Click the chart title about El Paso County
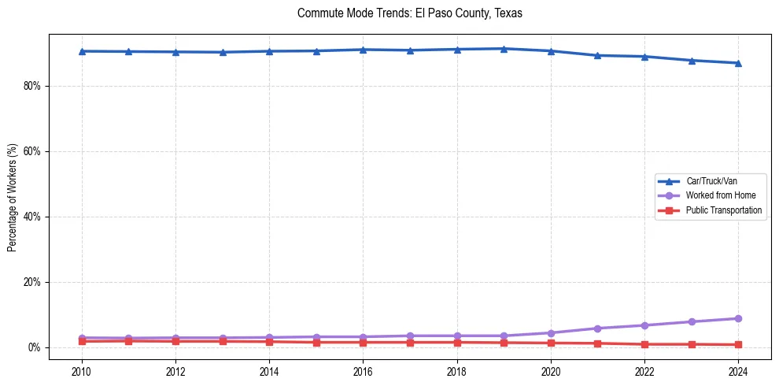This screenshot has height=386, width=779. pos(410,13)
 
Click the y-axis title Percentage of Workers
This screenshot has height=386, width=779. pos(13,197)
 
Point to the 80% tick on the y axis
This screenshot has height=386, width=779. pos(31,86)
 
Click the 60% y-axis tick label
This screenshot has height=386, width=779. pos(31,151)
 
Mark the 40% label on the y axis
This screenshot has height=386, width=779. pos(31,217)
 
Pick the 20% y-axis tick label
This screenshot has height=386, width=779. pos(31,282)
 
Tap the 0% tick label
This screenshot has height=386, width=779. pos(34,347)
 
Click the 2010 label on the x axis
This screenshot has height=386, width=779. pos(82,371)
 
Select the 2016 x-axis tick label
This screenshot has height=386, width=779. pos(363,371)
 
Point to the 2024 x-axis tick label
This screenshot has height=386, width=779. pos(738,371)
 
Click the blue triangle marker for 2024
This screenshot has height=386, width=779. pos(738,63)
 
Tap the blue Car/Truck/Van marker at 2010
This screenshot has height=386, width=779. pos(82,51)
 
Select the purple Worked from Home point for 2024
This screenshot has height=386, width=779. pos(738,318)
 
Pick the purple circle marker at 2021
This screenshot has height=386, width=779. pos(597,328)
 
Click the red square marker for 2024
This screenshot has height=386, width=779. pos(738,344)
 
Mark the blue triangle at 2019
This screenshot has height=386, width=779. pos(504,49)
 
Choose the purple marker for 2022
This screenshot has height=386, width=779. pos(644,325)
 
